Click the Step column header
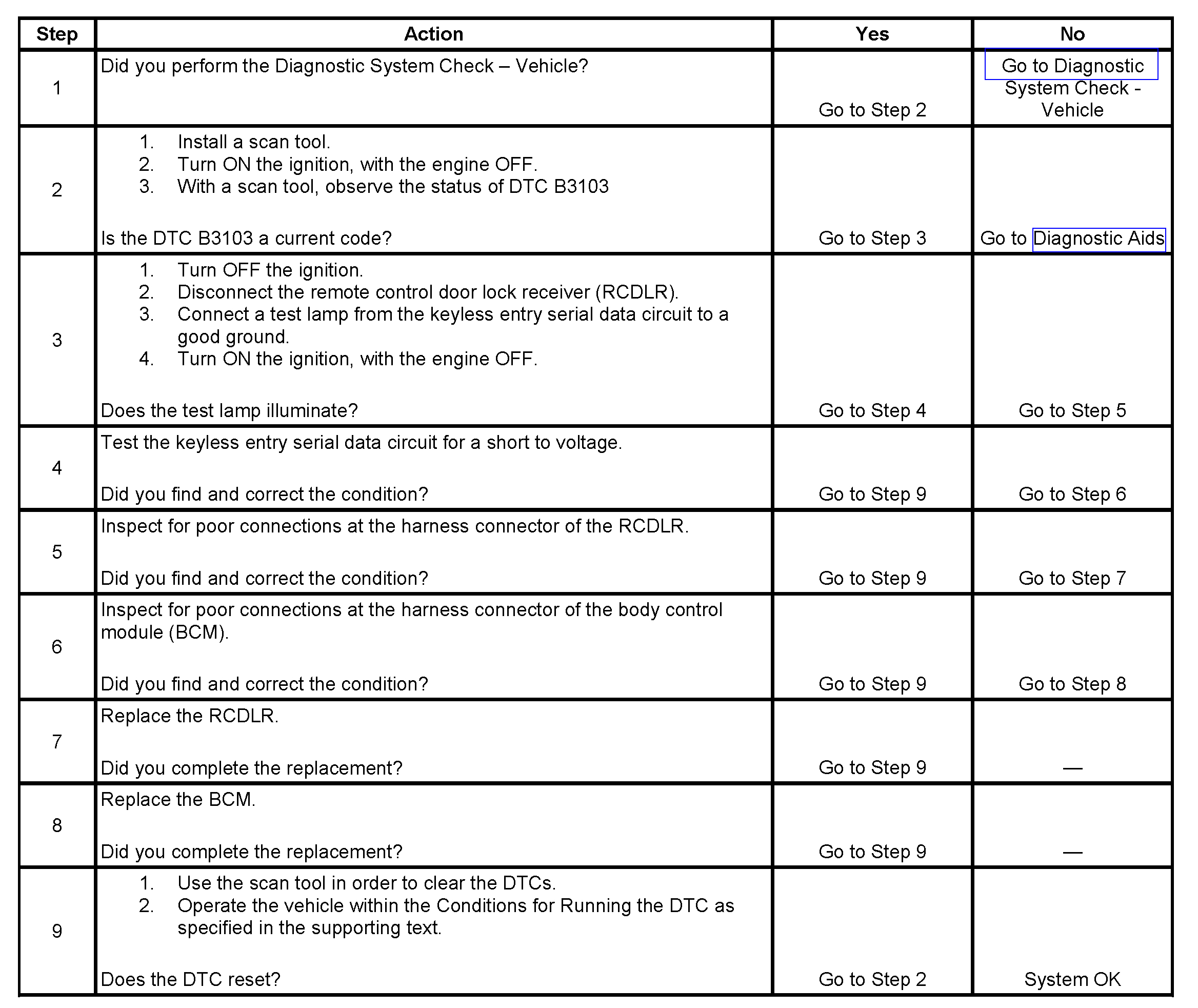(x=56, y=34)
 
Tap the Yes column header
(x=872, y=34)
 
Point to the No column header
(x=1072, y=34)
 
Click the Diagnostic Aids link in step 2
(x=1098, y=239)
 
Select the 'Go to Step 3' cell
(x=872, y=239)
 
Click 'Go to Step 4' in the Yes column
(x=872, y=410)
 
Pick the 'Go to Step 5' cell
(x=1072, y=410)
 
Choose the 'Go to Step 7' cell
(x=1072, y=578)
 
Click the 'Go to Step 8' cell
(x=1072, y=683)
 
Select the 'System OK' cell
(x=1072, y=979)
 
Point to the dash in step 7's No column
(x=1072, y=768)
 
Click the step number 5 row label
(x=56, y=552)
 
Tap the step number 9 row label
(x=56, y=931)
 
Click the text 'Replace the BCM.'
(x=177, y=799)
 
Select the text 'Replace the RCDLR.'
(x=189, y=716)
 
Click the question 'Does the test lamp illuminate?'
(x=229, y=410)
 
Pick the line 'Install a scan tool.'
(x=254, y=142)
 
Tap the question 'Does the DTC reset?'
(x=190, y=979)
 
